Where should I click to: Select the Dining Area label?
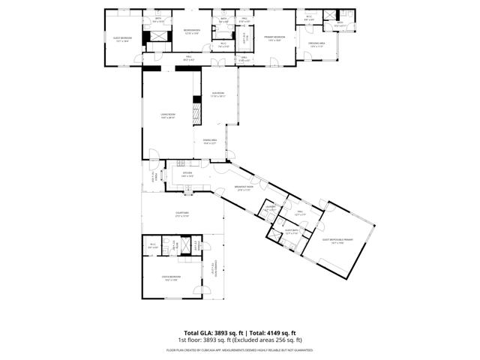coord(209,141)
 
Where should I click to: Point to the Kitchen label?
coord(187,174)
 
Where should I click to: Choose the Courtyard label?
coord(182,214)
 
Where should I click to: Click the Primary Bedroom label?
coord(274,37)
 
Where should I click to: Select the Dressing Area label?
coord(316,44)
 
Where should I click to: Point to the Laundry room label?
coord(270,208)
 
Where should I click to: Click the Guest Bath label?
coord(292,232)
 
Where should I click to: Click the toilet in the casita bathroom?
coord(179,248)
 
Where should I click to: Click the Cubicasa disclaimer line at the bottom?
coord(240,349)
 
